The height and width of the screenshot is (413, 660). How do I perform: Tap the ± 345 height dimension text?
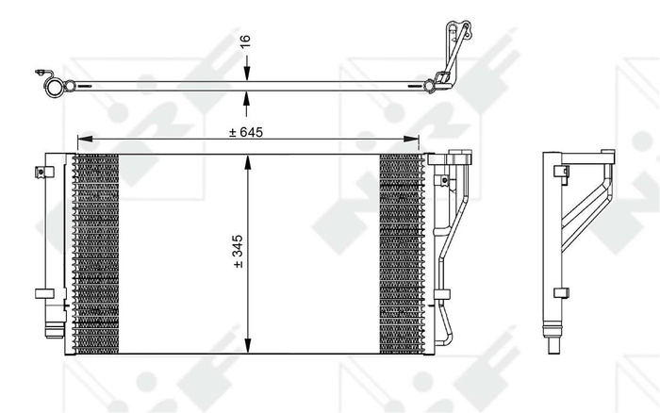[239, 253]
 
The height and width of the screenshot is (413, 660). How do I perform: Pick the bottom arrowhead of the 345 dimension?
[246, 348]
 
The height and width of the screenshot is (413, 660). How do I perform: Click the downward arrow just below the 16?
[246, 74]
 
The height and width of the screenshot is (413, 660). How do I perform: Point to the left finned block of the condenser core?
[97, 253]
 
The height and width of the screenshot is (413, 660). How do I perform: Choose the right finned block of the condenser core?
[403, 253]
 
